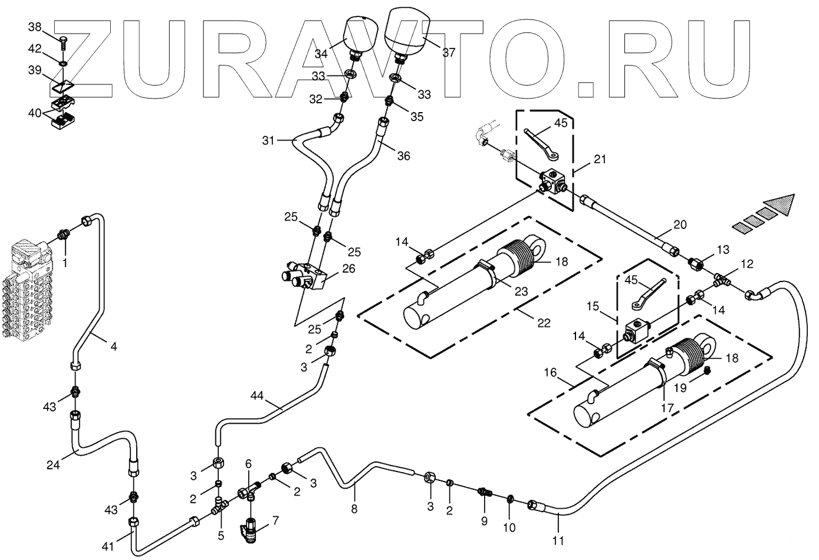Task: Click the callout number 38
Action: [x=35, y=27]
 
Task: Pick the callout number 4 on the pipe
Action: [x=114, y=346]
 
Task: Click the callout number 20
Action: [x=680, y=224]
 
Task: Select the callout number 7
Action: [x=275, y=520]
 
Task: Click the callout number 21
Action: [x=600, y=159]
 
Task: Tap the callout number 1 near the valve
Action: [x=65, y=262]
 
